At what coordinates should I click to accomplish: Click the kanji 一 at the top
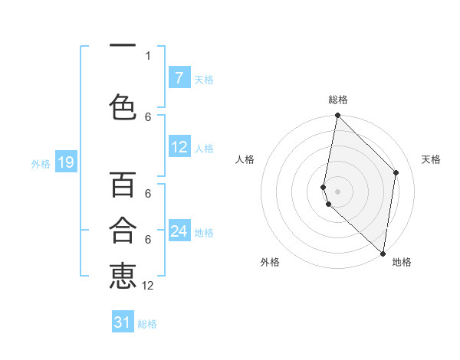pyautogui.click(x=123, y=46)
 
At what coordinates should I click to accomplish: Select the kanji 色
pyautogui.click(x=123, y=106)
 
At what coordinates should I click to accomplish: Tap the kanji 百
pyautogui.click(x=123, y=185)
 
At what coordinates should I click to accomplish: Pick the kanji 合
pyautogui.click(x=123, y=230)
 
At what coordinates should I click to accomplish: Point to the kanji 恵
pyautogui.click(x=123, y=276)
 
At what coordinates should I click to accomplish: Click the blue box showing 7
pyautogui.click(x=179, y=77)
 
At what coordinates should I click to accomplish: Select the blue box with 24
pyautogui.click(x=179, y=231)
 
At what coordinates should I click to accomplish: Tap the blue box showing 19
pyautogui.click(x=65, y=162)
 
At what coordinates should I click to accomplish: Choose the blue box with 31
pyautogui.click(x=123, y=322)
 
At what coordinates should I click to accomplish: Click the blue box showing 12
pyautogui.click(x=179, y=147)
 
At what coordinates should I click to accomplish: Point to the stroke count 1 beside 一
pyautogui.click(x=148, y=55)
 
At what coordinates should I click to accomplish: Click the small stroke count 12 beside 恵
pyautogui.click(x=148, y=286)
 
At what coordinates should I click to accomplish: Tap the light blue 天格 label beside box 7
pyautogui.click(x=204, y=79)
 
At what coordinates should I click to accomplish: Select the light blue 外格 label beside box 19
pyautogui.click(x=40, y=163)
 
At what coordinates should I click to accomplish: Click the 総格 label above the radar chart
pyautogui.click(x=337, y=100)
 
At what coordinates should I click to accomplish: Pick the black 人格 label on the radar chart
pyautogui.click(x=245, y=159)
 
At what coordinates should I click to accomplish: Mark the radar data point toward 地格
pyautogui.click(x=383, y=254)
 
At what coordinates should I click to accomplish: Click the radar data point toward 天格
pyautogui.click(x=396, y=172)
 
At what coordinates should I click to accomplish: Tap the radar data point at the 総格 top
pyautogui.click(x=337, y=116)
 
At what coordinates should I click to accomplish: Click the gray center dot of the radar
pyautogui.click(x=337, y=191)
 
